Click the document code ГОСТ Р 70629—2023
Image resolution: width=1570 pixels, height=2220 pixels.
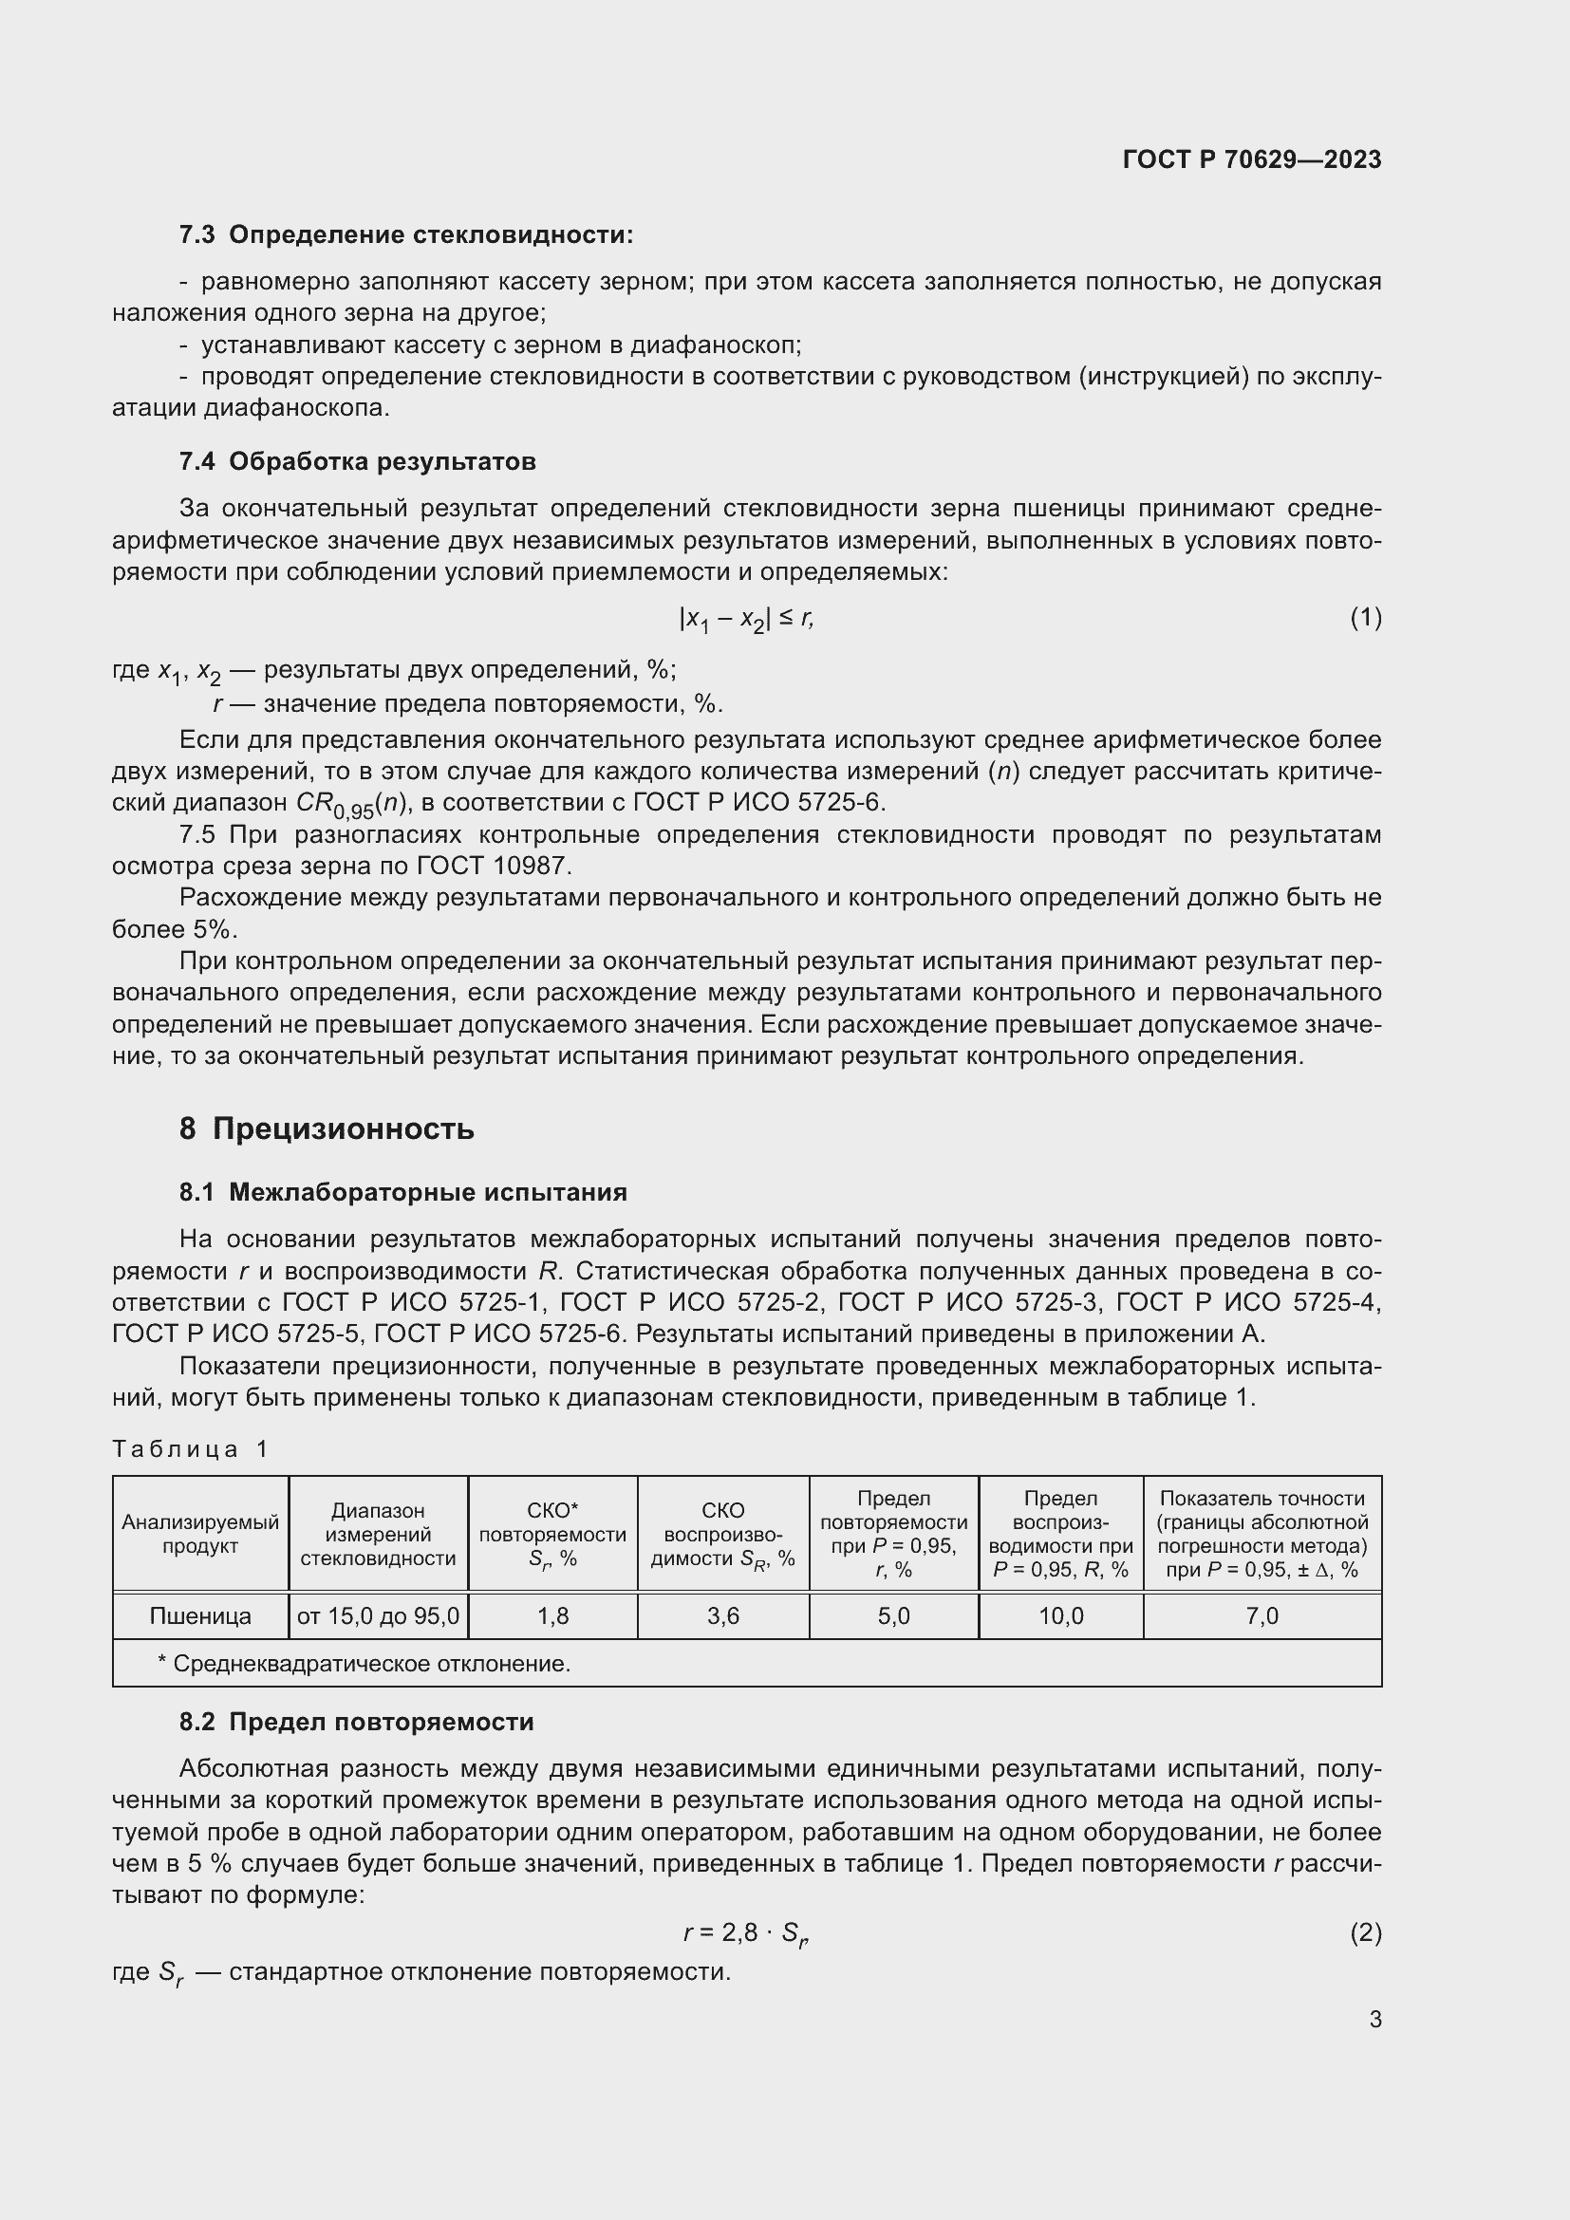[x=1251, y=159]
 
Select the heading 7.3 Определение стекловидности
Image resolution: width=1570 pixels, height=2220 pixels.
[x=406, y=235]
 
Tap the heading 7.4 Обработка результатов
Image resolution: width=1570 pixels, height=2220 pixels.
[x=357, y=461]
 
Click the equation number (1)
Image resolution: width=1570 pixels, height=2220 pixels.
[x=1365, y=617]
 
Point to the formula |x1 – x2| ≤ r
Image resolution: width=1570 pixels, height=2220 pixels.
[x=746, y=619]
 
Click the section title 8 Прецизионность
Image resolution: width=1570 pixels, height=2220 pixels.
[x=327, y=1129]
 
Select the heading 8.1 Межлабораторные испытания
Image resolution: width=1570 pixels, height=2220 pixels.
[x=402, y=1192]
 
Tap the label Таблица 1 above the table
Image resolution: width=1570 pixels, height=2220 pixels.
[x=190, y=1448]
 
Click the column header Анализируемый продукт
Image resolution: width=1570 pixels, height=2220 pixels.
[x=200, y=1534]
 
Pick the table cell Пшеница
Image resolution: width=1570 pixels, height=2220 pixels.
[x=200, y=1615]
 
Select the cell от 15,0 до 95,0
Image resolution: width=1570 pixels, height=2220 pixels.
[x=378, y=1615]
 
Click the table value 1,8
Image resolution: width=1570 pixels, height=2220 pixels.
[x=553, y=1615]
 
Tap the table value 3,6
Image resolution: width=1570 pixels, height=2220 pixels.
[x=723, y=1615]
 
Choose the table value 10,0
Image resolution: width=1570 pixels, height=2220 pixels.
[x=1060, y=1615]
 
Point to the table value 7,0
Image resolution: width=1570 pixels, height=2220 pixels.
[x=1262, y=1615]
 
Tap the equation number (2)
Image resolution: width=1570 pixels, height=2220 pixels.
[x=1365, y=1932]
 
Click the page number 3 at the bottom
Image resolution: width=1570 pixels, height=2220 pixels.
[x=1374, y=2019]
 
